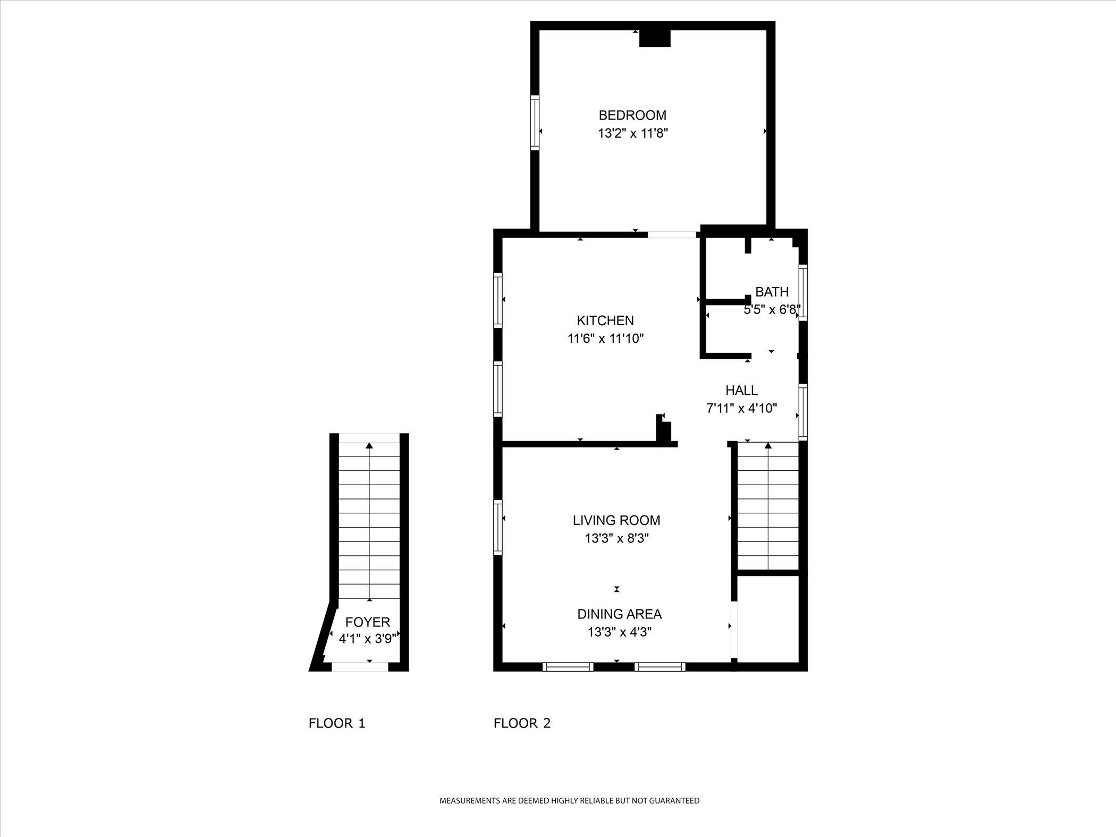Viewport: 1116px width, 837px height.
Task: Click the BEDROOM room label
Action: (632, 115)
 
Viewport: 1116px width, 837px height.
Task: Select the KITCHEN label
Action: (605, 320)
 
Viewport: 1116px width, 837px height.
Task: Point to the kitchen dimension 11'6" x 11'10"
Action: (605, 339)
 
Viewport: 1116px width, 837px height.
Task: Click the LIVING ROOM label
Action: (616, 520)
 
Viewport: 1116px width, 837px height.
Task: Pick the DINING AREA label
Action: (619, 614)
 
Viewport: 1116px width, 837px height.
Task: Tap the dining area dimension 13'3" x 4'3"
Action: (619, 632)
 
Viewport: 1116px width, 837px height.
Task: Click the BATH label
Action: (772, 292)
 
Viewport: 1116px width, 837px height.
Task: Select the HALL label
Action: (741, 391)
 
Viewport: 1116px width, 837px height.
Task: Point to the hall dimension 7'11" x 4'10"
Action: (741, 409)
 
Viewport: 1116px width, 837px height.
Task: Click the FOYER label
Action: (368, 622)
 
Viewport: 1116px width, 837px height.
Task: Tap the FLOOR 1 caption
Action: (337, 723)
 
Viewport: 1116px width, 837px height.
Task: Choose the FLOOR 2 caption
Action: (522, 723)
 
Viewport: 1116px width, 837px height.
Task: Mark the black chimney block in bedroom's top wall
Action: (655, 38)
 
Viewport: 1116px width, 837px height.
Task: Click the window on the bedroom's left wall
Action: (535, 123)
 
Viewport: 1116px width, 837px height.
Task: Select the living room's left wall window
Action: (497, 527)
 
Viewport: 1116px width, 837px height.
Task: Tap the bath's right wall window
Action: (804, 292)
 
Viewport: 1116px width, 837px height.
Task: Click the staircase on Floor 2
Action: (768, 508)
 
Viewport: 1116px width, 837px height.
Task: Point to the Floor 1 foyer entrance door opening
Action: (360, 666)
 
